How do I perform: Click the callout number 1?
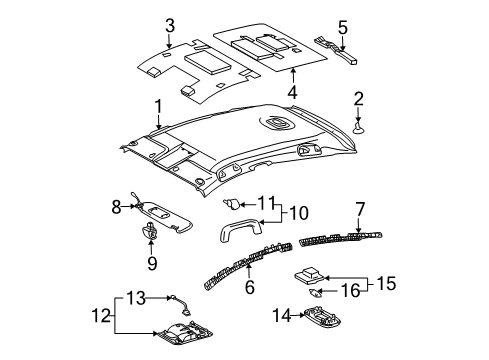pos(157,105)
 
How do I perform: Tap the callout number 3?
pos(170,25)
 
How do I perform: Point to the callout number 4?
pos(292,92)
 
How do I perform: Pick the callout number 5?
pos(342,27)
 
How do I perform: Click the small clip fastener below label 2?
pos(359,128)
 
